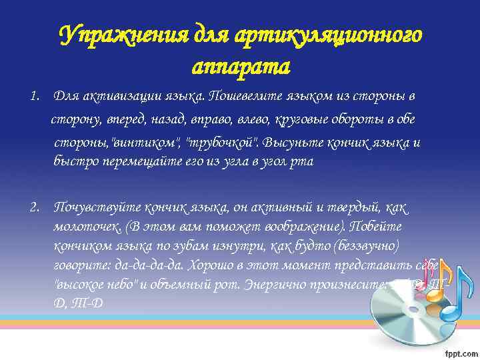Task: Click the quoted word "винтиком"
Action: [152, 143]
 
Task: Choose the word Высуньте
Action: [297, 143]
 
